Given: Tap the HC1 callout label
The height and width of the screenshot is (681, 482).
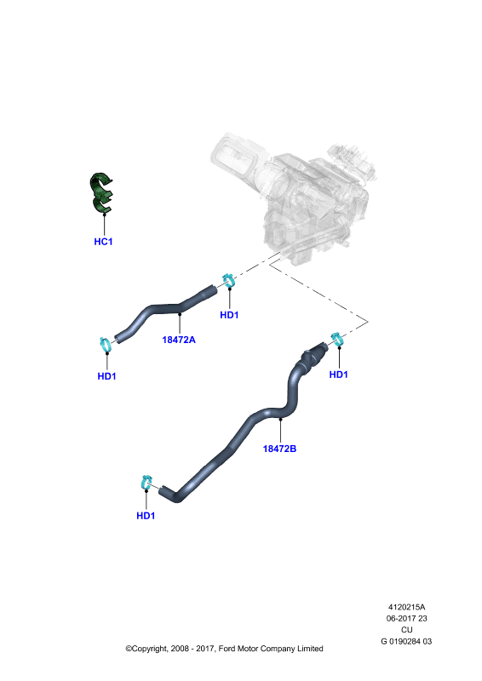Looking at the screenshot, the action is tap(103, 242).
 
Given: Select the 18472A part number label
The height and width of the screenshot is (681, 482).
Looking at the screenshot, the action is tap(179, 340).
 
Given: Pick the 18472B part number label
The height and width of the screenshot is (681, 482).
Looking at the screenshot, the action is tap(279, 449).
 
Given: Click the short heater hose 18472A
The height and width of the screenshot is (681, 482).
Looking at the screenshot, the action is tap(165, 309).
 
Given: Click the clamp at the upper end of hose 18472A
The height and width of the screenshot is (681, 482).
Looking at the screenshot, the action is tap(228, 280).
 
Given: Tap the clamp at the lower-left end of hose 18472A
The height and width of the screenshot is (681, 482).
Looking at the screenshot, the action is tap(106, 345).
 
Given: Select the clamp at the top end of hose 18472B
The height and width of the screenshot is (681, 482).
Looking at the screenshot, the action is tap(337, 339).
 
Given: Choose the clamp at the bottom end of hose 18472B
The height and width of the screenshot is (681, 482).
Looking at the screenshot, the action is tap(146, 483).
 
